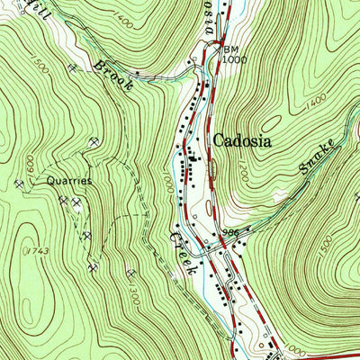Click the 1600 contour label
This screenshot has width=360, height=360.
click(29, 166)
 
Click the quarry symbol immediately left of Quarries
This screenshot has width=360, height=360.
click(21, 183)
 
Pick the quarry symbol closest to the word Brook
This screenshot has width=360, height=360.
click(72, 68)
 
